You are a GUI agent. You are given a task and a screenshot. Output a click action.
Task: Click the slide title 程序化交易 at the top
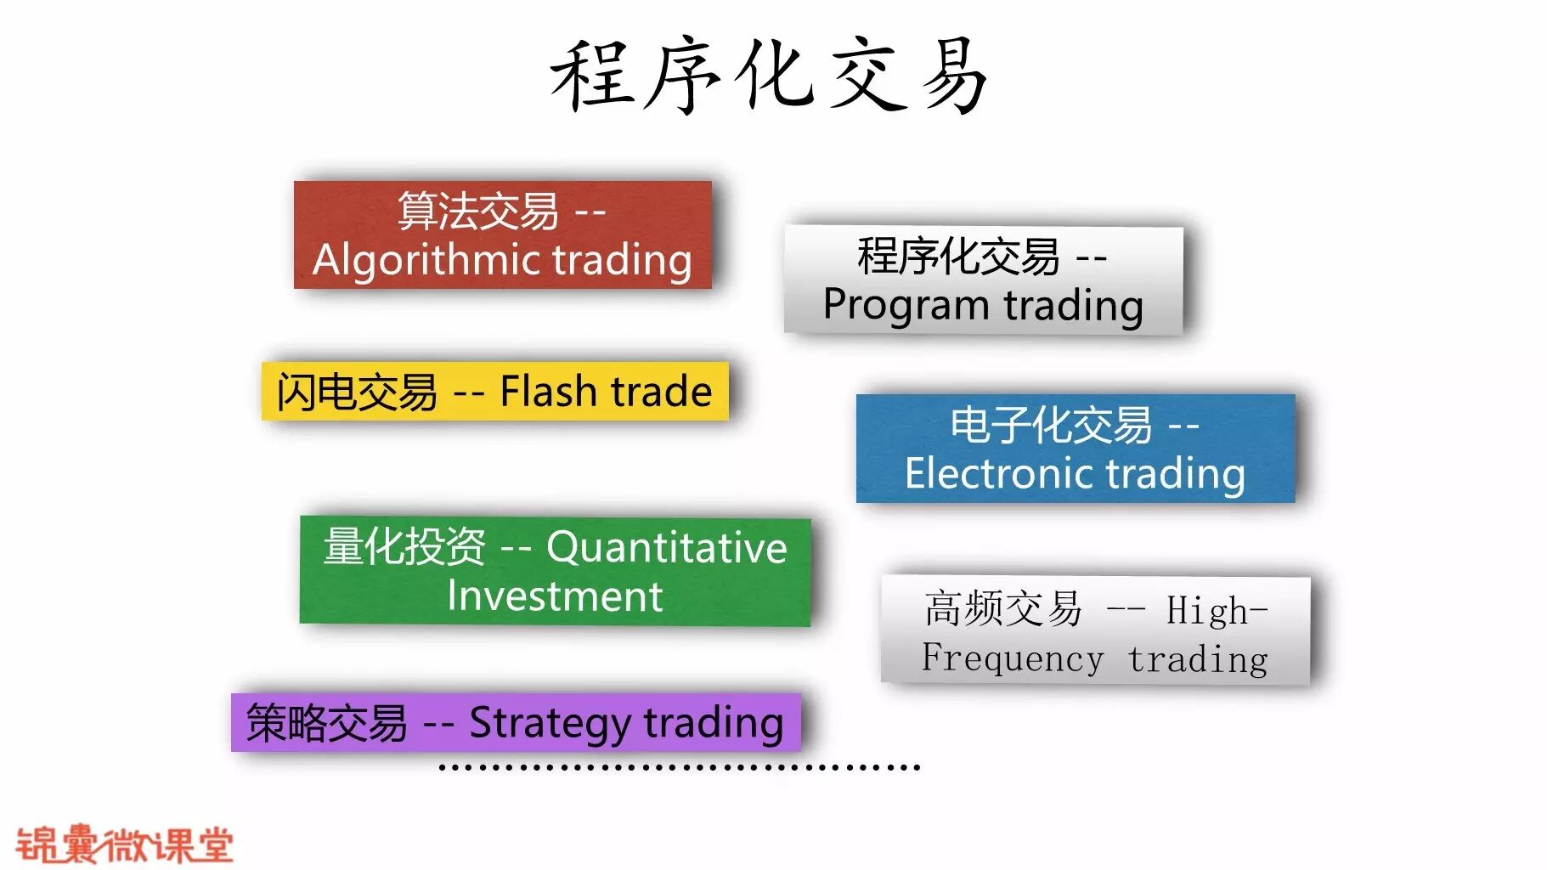770,76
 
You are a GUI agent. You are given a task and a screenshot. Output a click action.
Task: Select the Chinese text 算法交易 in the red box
478,211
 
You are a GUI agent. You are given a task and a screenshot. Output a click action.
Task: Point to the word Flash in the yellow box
549,392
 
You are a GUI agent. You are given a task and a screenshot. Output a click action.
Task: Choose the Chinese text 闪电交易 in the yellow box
357,393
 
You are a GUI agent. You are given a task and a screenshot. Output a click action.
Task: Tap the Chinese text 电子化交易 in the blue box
1051,425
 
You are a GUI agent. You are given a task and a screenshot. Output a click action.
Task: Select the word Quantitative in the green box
667,547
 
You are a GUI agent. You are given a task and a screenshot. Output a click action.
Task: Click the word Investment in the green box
555,596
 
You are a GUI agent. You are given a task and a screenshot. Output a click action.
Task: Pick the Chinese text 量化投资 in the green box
404,546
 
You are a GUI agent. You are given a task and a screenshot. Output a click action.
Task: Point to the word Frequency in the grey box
1013,658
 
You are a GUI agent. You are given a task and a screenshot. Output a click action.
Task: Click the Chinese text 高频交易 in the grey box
1003,609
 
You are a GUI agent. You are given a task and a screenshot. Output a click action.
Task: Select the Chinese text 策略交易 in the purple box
327,724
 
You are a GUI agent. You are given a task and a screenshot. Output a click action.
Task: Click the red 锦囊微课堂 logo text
124,844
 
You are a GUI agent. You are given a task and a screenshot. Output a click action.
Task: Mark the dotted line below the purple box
680,768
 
